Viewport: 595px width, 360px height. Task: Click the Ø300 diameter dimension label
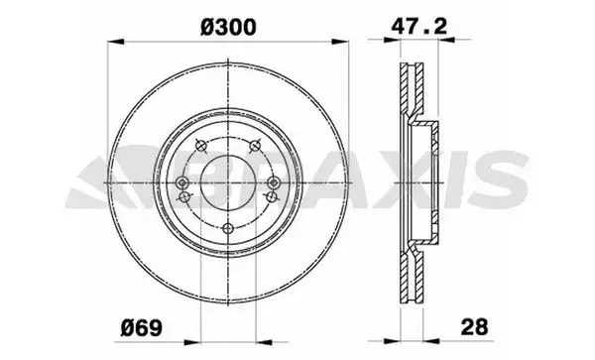228,27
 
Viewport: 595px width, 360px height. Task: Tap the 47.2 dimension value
419,26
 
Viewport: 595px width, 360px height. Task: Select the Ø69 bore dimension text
141,327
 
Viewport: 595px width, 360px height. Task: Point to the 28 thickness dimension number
474,327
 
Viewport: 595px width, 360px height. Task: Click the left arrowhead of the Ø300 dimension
116,42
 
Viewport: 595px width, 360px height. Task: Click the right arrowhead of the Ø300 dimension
339,42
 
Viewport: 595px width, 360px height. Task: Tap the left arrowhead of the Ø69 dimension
192,342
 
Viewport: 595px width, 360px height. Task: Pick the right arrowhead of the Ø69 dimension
264,342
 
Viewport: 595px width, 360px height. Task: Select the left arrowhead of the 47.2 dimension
393,39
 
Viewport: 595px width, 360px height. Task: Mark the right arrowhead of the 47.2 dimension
446,39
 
